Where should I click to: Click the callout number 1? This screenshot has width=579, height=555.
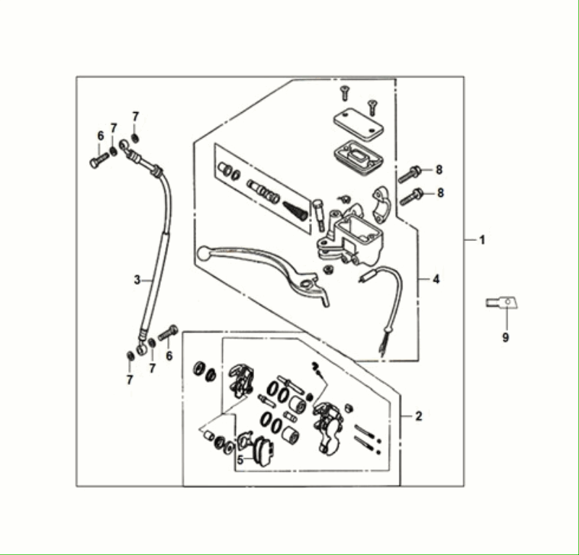click(x=482, y=240)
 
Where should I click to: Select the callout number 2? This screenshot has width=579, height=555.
click(x=418, y=416)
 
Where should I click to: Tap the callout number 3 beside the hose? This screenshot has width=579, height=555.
click(x=138, y=280)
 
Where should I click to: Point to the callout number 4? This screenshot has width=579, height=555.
click(x=436, y=279)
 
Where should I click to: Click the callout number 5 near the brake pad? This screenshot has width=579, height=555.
click(x=240, y=460)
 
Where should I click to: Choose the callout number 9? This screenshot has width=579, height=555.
click(x=505, y=337)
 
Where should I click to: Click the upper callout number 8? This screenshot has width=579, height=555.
click(x=439, y=170)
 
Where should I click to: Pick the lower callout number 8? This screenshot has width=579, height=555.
click(x=440, y=192)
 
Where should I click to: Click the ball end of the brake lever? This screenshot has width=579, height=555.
click(x=203, y=253)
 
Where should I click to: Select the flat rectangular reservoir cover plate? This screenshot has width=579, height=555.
click(x=358, y=124)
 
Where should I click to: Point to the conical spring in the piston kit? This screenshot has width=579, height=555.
click(x=295, y=210)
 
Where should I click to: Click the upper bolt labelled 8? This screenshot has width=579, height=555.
click(x=410, y=174)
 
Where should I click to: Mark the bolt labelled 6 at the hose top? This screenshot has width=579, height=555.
click(x=99, y=161)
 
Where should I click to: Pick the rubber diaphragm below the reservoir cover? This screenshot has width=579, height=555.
click(x=358, y=158)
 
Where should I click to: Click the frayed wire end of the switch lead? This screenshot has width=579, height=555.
click(x=383, y=344)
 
